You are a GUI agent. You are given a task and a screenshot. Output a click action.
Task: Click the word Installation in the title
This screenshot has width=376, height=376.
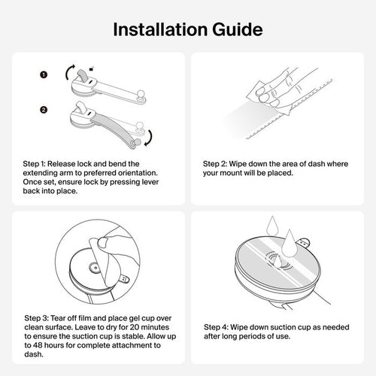[x=160, y=29]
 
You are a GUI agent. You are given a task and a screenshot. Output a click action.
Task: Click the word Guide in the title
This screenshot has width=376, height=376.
[x=238, y=30]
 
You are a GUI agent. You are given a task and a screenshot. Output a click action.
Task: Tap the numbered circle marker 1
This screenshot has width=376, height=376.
[x=44, y=74]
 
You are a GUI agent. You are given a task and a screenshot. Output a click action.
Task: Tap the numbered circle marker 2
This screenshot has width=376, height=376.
[x=44, y=110]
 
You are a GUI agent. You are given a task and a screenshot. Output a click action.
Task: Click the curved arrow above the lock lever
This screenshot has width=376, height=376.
[x=69, y=72]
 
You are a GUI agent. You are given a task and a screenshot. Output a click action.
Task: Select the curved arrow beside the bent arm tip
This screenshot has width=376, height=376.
[x=149, y=138]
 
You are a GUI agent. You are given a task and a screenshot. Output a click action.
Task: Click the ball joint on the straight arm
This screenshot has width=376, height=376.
[x=141, y=95]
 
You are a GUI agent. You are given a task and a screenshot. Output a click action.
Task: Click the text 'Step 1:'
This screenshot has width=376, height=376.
[x=34, y=164]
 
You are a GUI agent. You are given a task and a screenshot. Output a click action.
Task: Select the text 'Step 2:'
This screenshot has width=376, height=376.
[x=214, y=164]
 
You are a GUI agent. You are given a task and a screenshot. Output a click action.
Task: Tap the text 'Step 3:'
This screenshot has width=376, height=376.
[x=36, y=318]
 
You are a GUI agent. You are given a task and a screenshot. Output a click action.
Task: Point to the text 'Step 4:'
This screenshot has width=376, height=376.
[x=216, y=327]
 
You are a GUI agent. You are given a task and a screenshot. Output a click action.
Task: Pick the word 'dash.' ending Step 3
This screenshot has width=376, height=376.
[x=34, y=354]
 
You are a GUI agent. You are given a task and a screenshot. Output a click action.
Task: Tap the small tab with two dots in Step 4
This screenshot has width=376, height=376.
[x=304, y=243]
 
